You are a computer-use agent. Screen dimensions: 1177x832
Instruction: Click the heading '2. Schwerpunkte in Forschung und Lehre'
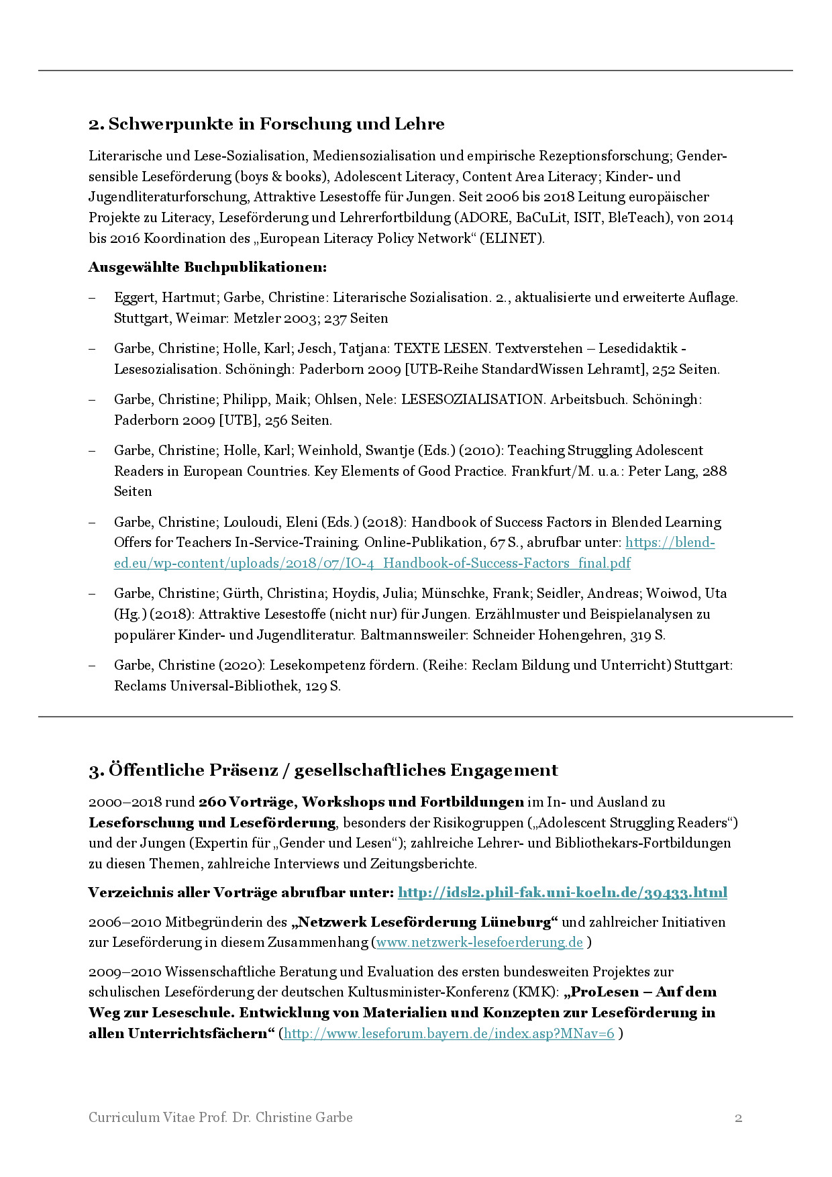266,124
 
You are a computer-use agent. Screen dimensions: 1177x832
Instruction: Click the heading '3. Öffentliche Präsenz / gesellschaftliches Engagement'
323,770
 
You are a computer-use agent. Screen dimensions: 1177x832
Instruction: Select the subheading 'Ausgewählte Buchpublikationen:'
207,267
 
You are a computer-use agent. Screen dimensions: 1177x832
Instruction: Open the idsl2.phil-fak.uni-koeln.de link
562,892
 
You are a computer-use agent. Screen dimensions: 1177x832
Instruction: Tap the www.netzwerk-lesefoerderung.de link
479,942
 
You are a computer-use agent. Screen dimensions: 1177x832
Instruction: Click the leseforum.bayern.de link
449,1033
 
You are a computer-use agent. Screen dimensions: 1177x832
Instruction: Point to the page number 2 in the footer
738,1118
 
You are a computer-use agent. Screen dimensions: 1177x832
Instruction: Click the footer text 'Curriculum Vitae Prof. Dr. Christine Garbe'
220,1117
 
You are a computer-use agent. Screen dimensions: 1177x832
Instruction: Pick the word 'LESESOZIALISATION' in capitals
472,399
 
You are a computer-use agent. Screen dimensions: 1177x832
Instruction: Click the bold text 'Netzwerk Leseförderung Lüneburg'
424,922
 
